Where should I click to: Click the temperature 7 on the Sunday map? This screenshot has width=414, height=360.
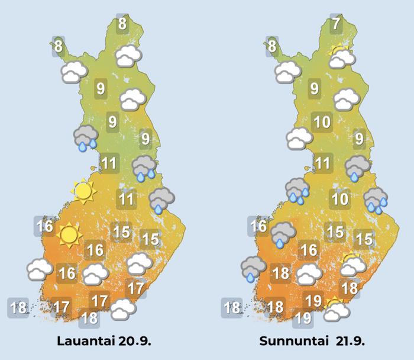tap(337, 24)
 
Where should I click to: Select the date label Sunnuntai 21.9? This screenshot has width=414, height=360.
tap(310, 342)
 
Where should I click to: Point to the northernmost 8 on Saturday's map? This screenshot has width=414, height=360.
tap(122, 24)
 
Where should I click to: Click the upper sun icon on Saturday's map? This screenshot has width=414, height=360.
tap(83, 191)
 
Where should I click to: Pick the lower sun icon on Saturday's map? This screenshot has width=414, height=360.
tap(69, 235)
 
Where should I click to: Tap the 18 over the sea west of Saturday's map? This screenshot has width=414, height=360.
tap(19, 307)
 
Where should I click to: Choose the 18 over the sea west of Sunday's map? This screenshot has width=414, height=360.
tap(232, 307)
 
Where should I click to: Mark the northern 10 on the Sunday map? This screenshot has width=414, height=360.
tap(322, 123)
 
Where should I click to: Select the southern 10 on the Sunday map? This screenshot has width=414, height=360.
tap(339, 199)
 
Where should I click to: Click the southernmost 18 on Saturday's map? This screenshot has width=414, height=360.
tap(89, 317)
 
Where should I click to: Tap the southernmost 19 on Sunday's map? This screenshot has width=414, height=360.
tap(303, 318)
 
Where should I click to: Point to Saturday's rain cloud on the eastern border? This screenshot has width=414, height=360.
tap(161, 200)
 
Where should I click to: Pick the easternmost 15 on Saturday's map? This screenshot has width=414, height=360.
tap(150, 239)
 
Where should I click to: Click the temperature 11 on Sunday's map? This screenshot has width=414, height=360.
tap(322, 163)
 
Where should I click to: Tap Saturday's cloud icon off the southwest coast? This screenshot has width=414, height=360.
tap(39, 269)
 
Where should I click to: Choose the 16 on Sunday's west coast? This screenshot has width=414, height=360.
tap(258, 226)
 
